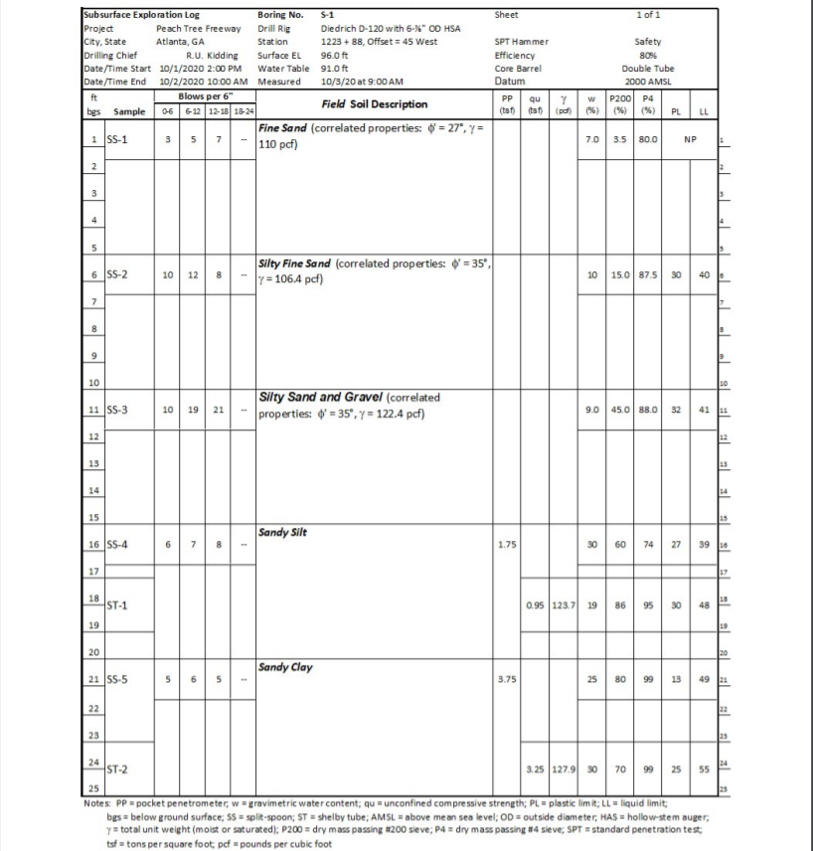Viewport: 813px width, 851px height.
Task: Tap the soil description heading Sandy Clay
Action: pos(285,667)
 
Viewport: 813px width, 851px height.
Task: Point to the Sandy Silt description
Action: pos(282,532)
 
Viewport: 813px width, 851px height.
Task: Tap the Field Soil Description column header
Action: pos(374,103)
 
